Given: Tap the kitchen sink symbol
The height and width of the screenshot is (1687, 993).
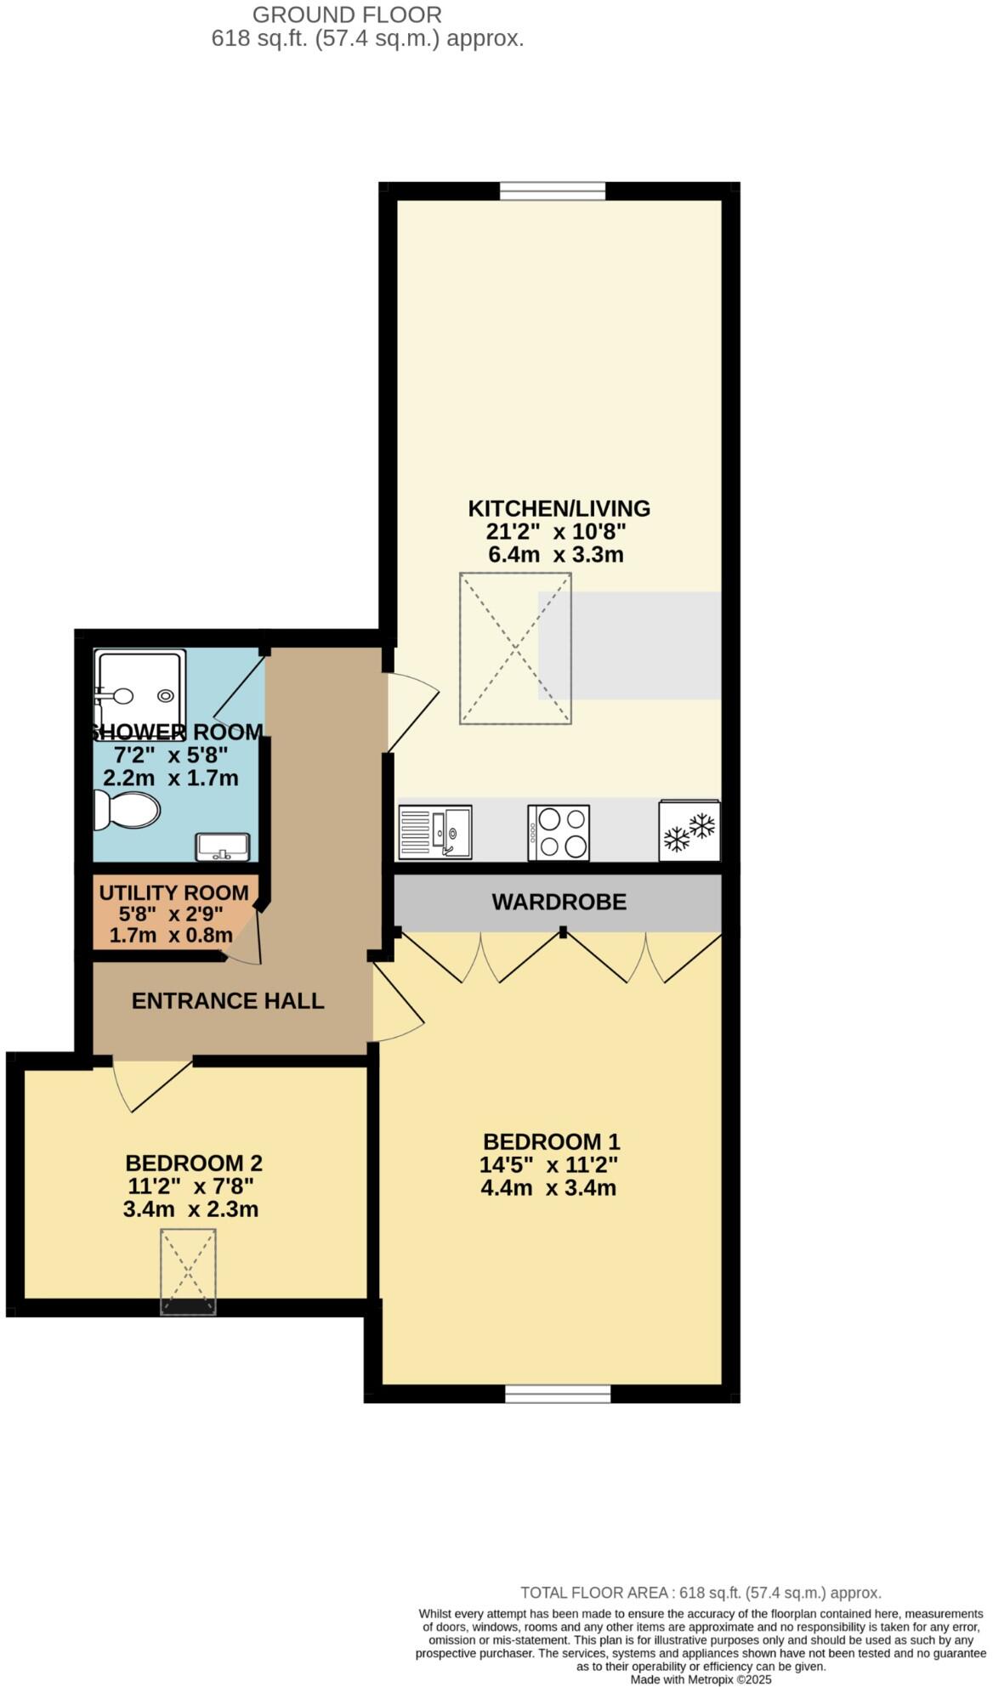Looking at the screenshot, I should [x=434, y=832].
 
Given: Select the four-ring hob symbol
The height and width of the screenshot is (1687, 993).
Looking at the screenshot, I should [x=559, y=832].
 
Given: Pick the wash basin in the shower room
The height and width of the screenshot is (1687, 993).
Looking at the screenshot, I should [x=223, y=846].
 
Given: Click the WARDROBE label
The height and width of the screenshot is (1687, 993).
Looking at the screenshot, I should [x=559, y=902].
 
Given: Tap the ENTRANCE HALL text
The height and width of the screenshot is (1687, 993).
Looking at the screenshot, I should [x=228, y=1000].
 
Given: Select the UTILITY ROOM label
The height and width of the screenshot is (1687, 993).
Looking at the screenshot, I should [x=174, y=893].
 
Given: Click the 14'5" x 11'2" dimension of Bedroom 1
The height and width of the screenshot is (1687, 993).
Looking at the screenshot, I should [x=548, y=1164].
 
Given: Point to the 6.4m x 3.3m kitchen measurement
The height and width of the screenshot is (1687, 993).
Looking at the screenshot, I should [x=555, y=555].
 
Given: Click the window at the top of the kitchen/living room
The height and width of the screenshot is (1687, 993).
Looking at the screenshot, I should [x=553, y=191].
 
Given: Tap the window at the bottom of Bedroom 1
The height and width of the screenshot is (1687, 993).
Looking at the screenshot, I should [x=558, y=1394].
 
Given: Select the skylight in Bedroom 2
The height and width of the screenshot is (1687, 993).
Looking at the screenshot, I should [x=188, y=1271].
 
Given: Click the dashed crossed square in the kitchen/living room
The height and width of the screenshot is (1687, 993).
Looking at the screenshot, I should [x=515, y=648].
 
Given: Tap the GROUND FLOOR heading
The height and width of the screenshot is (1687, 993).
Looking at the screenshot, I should [x=347, y=14].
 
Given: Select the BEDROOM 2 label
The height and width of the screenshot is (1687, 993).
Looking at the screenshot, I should [x=194, y=1163].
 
